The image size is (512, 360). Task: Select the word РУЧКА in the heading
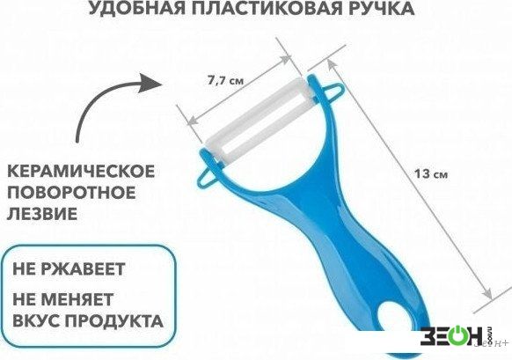[x=380, y=8]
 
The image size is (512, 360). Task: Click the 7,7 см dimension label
[x=225, y=80]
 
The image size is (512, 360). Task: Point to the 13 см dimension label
[x=431, y=173]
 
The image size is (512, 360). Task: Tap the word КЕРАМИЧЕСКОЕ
[x=81, y=171]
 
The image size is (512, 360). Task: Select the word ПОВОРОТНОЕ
[x=71, y=192]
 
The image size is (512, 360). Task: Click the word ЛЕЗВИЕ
[x=42, y=213]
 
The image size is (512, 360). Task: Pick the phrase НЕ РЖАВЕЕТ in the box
[x=69, y=268]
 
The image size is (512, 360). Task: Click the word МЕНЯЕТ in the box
[x=79, y=299]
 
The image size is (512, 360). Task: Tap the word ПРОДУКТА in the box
[x=113, y=320]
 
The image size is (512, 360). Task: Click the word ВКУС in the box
[x=35, y=320]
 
